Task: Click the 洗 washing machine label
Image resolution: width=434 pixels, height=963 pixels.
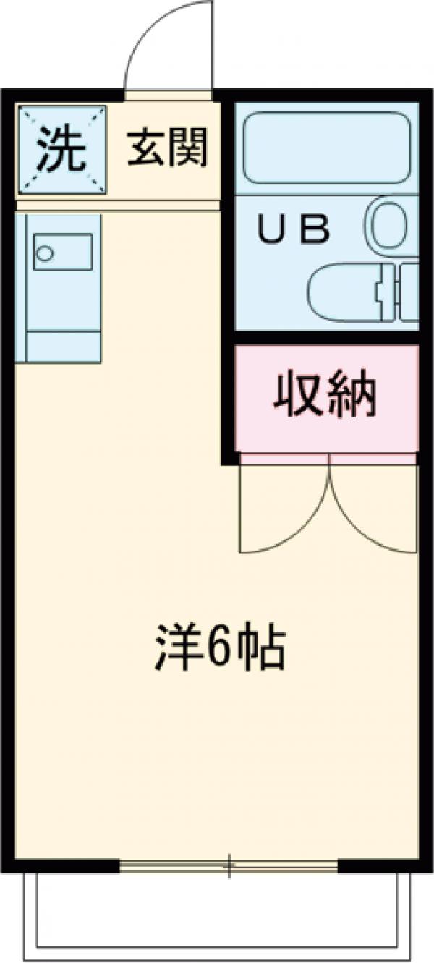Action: click(x=61, y=148)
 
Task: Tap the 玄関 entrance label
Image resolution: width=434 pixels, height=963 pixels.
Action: click(x=168, y=148)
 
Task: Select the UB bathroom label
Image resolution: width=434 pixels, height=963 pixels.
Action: click(x=294, y=231)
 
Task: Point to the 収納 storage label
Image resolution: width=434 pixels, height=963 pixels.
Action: click(x=325, y=396)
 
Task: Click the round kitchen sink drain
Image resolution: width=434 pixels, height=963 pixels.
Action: click(x=46, y=253)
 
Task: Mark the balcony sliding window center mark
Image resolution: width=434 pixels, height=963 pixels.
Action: click(x=229, y=865)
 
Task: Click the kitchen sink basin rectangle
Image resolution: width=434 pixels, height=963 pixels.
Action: click(x=63, y=252)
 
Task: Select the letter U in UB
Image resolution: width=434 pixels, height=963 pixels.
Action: click(x=273, y=231)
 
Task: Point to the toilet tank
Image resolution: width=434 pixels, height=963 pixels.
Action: click(x=409, y=292)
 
